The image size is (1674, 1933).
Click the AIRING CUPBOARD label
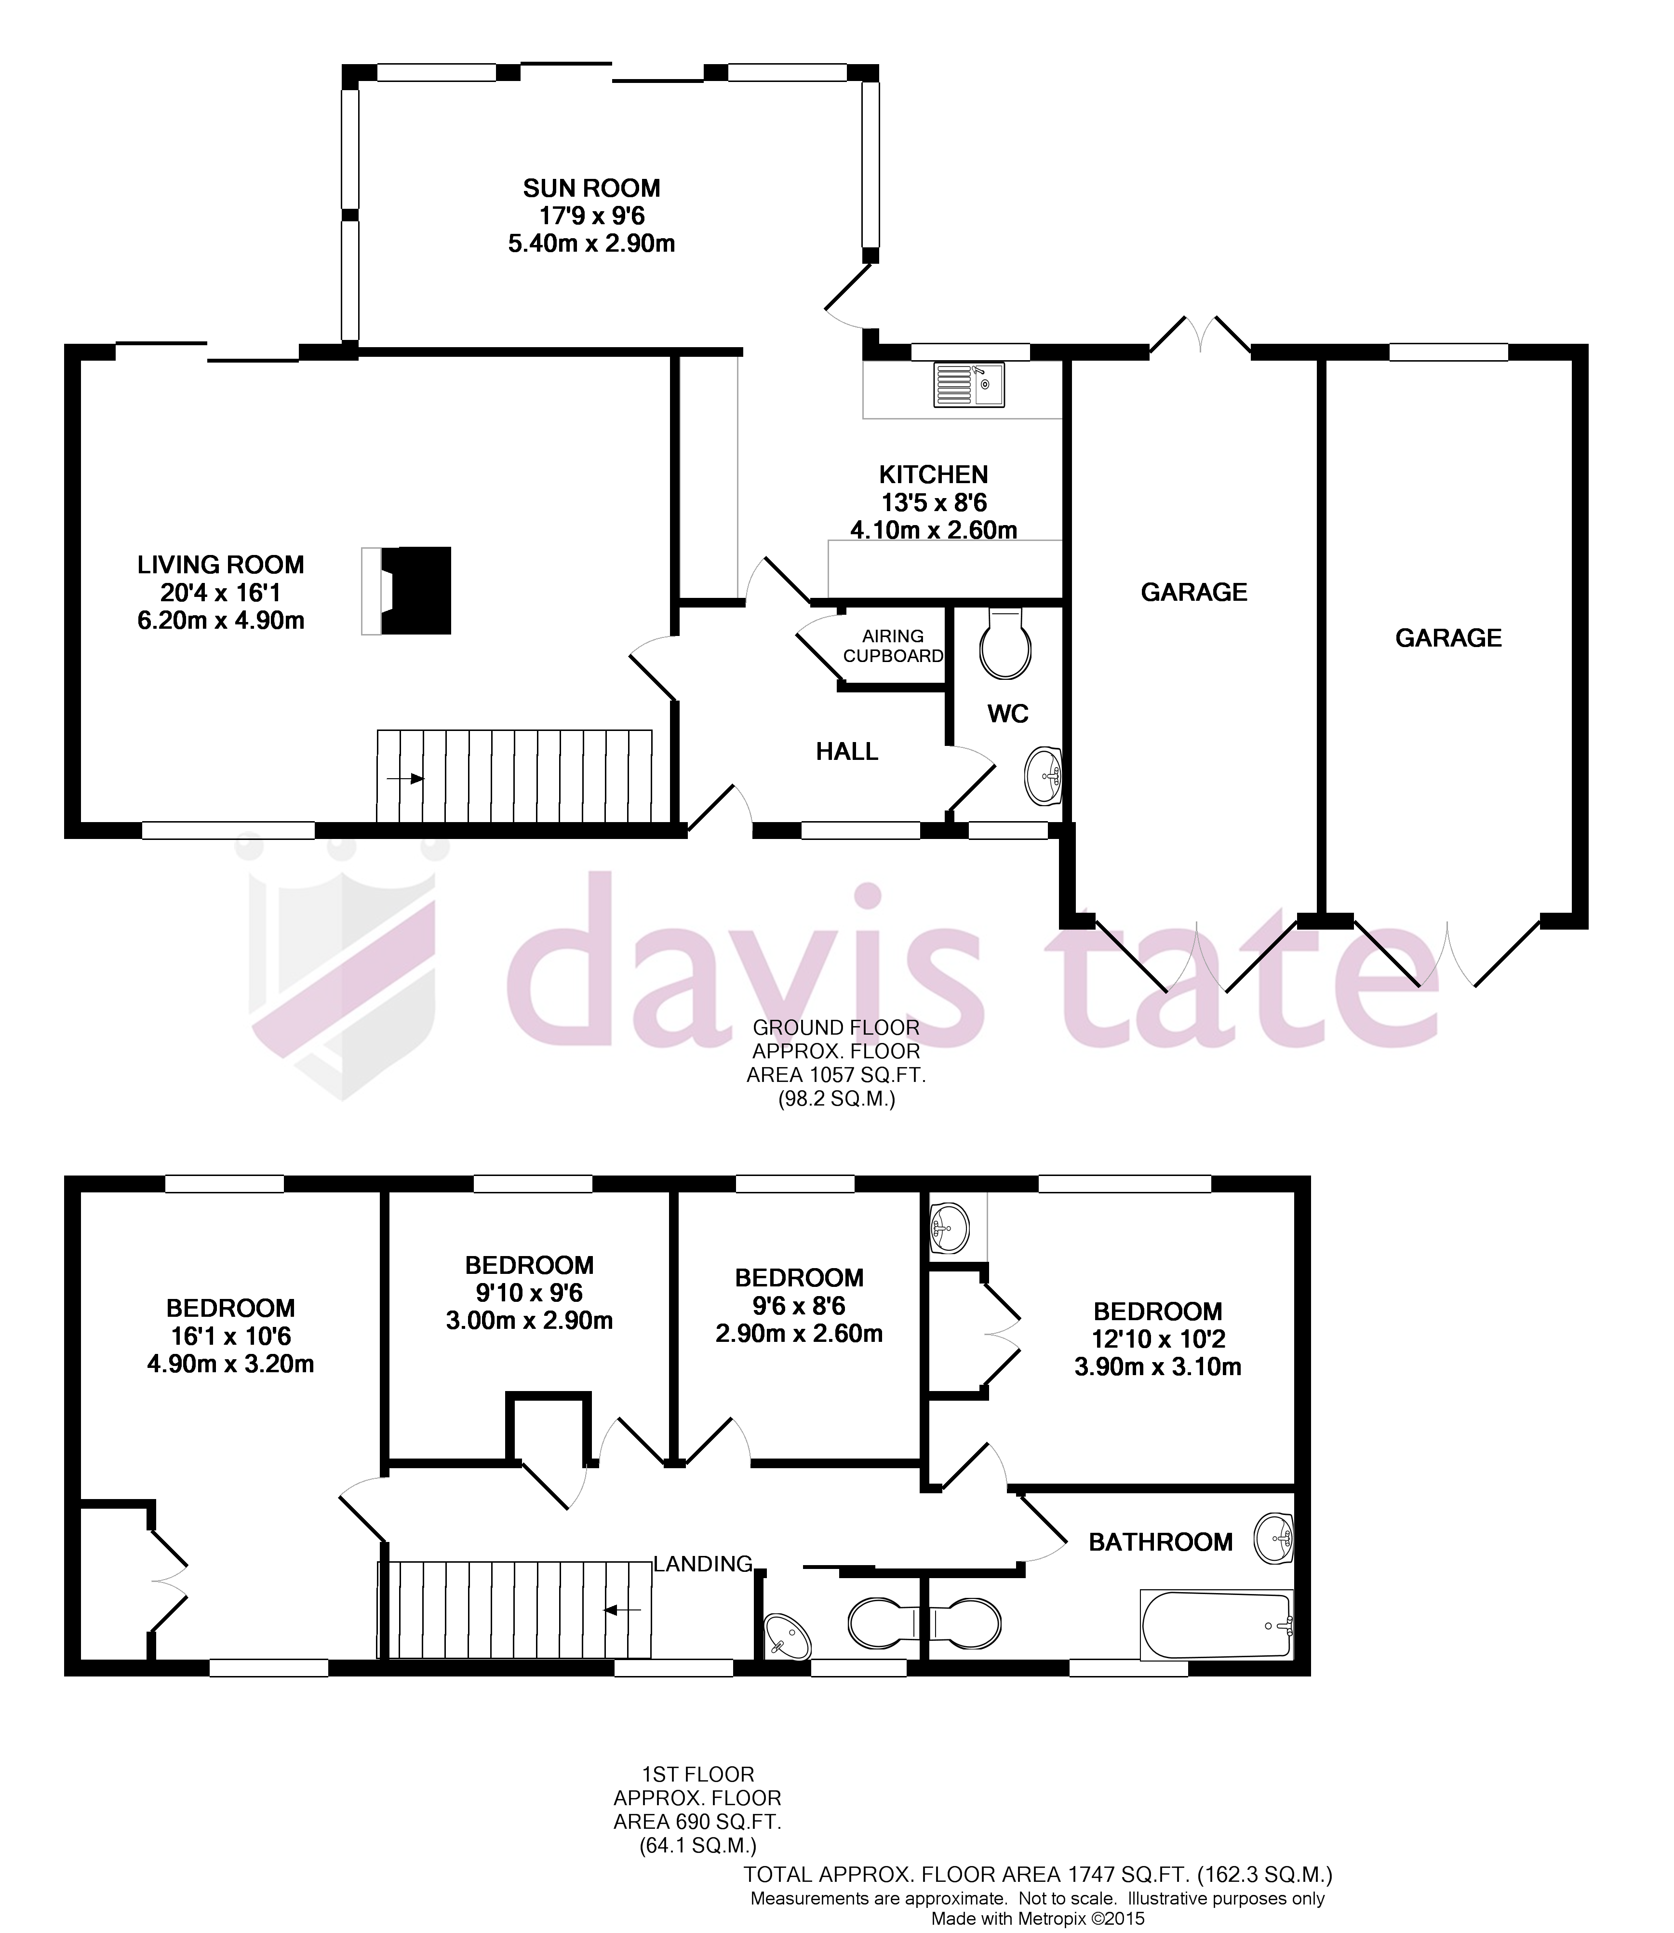(893, 646)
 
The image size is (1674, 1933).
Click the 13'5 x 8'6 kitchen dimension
(933, 502)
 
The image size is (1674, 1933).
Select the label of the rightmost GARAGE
(1448, 638)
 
